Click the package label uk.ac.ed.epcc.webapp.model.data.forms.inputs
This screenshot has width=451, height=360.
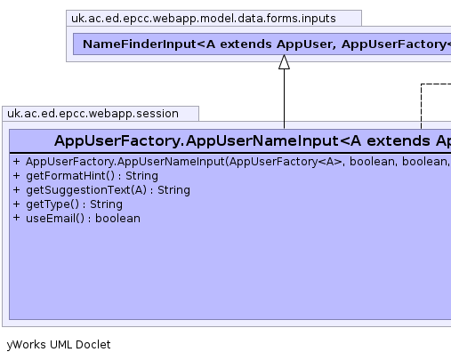coord(204,19)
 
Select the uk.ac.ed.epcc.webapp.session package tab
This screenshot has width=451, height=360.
coord(101,114)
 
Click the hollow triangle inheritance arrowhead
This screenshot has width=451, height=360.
coord(284,62)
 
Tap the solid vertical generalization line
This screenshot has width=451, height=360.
coord(284,99)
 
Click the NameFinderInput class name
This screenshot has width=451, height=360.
coord(140,44)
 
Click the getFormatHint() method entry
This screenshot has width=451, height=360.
coord(92,176)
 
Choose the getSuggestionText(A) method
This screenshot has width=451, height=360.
coord(108,190)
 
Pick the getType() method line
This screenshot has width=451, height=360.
coord(74,204)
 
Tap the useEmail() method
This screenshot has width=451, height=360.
coord(83,219)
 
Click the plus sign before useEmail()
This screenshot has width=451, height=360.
coord(17,218)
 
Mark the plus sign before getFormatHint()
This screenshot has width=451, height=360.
coord(17,175)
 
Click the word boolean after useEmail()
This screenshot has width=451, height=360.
coord(117,219)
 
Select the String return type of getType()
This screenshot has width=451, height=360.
coord(106,204)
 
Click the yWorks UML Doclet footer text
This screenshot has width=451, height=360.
coord(59,345)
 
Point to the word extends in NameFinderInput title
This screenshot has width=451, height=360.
coord(246,44)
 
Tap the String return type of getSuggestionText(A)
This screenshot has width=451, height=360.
coord(173,190)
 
